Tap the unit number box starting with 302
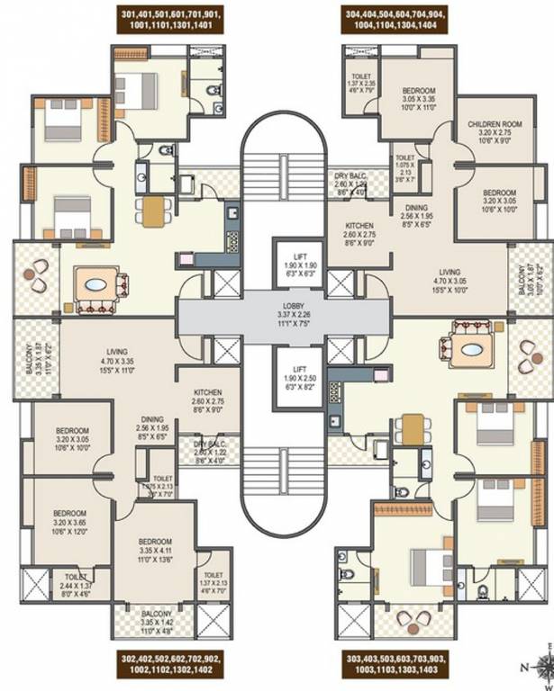[170, 666]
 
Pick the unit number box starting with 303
[393, 666]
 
